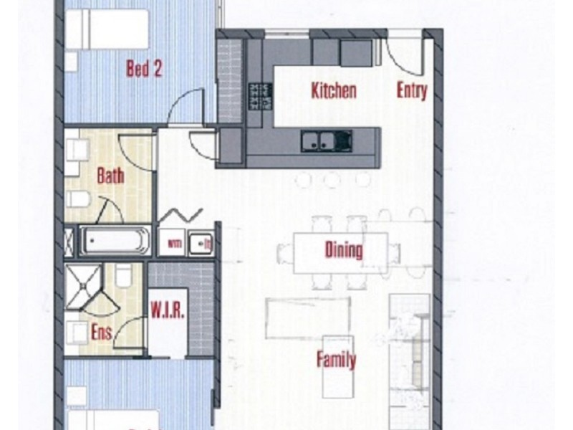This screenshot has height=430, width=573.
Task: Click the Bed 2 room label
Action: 144,69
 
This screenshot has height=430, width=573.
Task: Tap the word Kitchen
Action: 333,91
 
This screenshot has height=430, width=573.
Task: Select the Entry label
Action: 412,91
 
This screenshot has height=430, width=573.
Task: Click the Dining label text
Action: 344,250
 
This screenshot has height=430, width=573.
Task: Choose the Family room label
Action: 337,359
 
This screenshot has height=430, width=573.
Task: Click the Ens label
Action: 101,333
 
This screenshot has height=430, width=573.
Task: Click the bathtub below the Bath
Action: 115,241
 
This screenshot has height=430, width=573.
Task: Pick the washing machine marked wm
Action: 173,243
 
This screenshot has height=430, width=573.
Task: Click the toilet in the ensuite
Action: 123,275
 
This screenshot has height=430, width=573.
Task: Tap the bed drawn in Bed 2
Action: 107,29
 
